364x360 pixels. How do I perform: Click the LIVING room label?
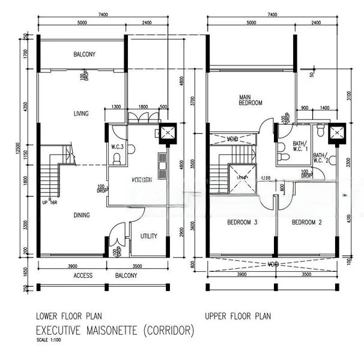point(81,113)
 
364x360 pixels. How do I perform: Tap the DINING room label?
point(82,215)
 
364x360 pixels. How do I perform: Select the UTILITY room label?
point(148,236)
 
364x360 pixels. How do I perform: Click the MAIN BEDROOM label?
point(250,100)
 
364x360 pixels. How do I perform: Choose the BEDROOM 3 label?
point(241,223)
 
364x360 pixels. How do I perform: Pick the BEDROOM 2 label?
point(306,223)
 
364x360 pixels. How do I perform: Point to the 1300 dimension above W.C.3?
point(117,107)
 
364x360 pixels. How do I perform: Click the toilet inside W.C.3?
point(118,158)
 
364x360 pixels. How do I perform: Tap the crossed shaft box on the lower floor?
point(165,134)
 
